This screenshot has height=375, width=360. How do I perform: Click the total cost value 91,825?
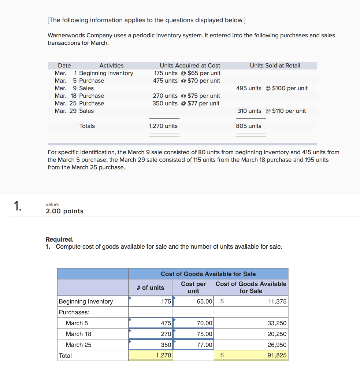click(277, 356)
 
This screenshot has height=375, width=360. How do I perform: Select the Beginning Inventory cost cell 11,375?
click(277, 301)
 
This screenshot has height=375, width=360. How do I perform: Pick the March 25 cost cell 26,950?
click(277, 345)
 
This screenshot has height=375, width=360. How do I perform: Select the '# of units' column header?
click(151, 287)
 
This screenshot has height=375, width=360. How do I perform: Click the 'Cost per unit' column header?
click(193, 287)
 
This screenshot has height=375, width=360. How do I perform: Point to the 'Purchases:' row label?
click(74, 312)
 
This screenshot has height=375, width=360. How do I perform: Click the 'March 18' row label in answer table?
click(79, 334)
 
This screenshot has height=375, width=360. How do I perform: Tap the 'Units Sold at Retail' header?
click(275, 66)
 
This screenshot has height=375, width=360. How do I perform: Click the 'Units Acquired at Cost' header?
click(190, 66)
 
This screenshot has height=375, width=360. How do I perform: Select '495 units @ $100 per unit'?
click(272, 88)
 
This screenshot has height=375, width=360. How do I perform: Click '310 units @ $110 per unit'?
click(272, 111)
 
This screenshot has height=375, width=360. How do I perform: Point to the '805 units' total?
click(249, 126)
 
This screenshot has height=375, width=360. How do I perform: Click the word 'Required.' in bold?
click(59, 239)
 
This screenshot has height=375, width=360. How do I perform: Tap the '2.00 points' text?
click(64, 211)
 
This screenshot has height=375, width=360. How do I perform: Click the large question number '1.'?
click(18, 207)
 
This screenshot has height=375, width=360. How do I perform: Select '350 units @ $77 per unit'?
click(186, 103)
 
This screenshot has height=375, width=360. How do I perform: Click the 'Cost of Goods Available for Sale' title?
click(208, 274)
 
